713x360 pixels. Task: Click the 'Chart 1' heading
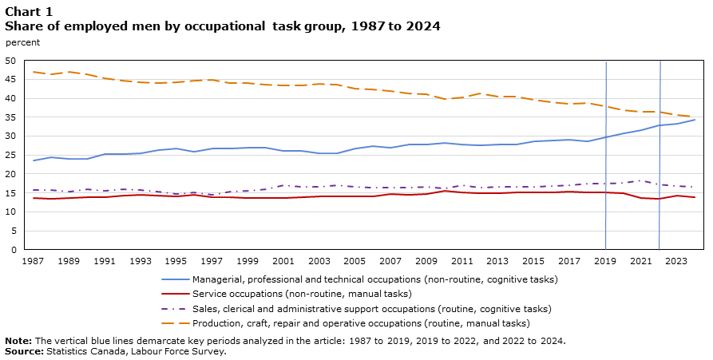pos(29,11)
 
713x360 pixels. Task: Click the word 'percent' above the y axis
pos(22,42)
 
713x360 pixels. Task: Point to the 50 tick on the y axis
pos(11,61)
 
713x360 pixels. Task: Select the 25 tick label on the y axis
pos(11,155)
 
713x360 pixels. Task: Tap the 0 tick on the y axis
pos(14,250)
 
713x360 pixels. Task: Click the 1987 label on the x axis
pos(33,260)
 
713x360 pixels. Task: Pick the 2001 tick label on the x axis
pos(283,260)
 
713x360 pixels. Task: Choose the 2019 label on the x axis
pos(606,260)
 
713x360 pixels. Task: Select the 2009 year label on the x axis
pos(426,260)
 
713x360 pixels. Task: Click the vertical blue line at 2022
pos(660,160)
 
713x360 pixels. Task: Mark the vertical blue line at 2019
pos(606,160)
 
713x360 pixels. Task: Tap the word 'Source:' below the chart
pos(24,351)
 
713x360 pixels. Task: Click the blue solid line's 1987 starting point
pos(33,160)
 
